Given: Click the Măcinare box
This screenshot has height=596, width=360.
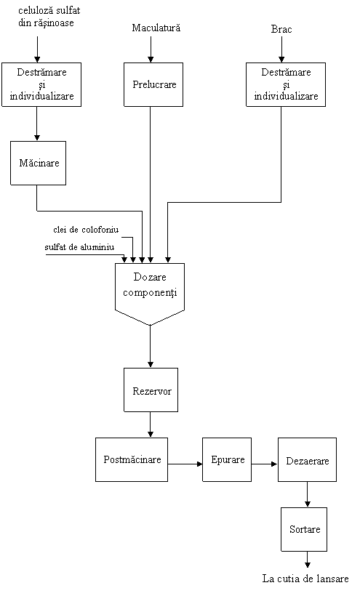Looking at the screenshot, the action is (38, 163).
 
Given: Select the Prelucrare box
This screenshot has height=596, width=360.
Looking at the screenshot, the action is (153, 84).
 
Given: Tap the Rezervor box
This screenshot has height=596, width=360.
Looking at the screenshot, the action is (151, 390).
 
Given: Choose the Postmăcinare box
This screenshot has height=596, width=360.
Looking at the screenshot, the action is (132, 459).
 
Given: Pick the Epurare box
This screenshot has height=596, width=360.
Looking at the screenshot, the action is (227, 459).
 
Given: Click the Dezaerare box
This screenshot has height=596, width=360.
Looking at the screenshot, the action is (307, 459).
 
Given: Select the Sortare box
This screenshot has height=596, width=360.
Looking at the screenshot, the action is (304, 529).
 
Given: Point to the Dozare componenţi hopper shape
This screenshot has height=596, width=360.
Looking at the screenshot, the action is (150, 294).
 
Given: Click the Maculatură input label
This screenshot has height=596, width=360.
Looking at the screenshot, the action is (156, 28).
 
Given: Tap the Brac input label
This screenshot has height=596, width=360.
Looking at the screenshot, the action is (281, 29).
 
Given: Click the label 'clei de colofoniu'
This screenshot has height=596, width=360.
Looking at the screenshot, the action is (86, 230).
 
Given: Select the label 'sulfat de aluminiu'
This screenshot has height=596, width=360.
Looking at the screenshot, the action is (79, 247).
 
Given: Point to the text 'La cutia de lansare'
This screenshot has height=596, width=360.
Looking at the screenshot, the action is (305, 579).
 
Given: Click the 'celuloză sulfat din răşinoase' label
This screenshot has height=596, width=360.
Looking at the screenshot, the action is (49, 16).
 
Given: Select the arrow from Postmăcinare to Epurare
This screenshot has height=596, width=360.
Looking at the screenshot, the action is (185, 464).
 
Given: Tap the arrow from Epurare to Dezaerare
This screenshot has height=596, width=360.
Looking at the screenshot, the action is (265, 464).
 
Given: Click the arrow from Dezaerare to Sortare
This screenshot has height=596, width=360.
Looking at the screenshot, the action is (307, 494).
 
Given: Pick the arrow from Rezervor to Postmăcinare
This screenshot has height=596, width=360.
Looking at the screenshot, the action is (150, 424).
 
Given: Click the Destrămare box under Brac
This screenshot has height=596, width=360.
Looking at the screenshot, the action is (286, 84).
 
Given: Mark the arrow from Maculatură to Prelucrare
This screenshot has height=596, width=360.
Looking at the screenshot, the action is (151, 49).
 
